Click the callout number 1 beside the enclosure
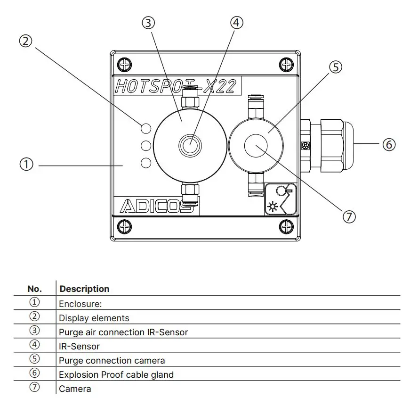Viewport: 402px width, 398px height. (26, 165)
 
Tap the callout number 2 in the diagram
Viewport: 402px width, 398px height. (26, 41)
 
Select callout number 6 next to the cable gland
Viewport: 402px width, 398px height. (389, 144)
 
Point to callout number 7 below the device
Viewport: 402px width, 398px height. (349, 216)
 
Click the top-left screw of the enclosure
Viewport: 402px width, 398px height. (125, 63)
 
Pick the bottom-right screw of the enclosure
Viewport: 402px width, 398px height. (286, 226)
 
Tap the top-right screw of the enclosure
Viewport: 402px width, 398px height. (286, 63)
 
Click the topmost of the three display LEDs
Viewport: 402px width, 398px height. (146, 128)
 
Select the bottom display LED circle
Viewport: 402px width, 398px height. (146, 163)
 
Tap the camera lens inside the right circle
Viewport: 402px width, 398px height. (256, 145)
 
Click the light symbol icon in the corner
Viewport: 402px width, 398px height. (280, 199)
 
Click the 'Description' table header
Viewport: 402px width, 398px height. (85, 289)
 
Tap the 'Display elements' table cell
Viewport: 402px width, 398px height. (94, 318)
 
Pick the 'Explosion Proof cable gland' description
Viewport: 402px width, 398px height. (116, 375)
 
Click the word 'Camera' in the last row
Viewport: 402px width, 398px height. (75, 389)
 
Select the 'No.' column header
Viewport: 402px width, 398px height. (35, 289)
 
